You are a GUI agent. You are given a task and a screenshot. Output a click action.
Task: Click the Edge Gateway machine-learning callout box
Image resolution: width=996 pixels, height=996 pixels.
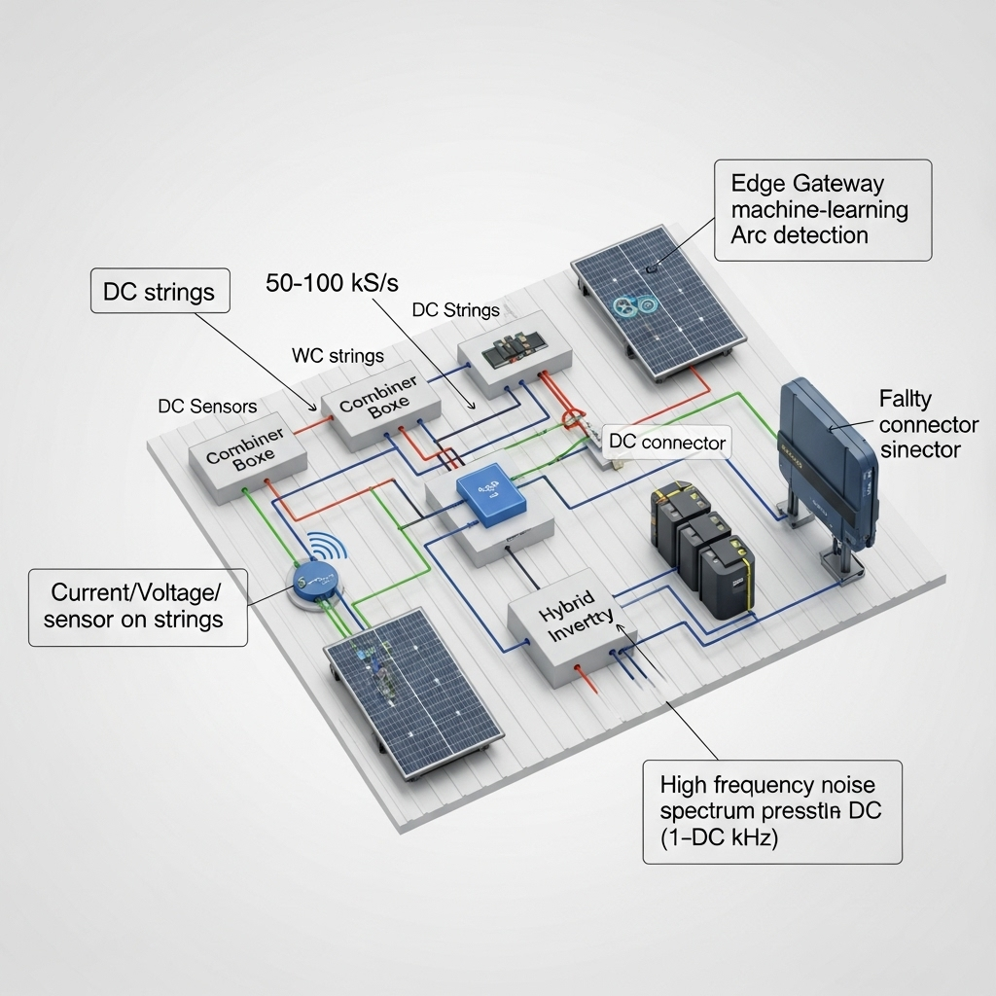[823, 209]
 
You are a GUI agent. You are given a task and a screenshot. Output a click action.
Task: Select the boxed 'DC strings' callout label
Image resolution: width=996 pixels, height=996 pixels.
[160, 291]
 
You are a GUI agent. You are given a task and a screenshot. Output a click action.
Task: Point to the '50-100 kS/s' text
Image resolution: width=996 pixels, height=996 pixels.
[332, 283]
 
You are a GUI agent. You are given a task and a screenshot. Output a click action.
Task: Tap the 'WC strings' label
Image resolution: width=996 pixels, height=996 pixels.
[338, 356]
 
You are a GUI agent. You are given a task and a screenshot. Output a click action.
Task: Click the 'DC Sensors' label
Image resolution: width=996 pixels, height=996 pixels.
[207, 406]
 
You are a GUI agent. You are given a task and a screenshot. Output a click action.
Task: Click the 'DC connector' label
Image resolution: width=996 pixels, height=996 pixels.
[666, 443]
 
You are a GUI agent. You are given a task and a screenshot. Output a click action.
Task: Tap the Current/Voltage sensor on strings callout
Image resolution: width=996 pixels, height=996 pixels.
[137, 605]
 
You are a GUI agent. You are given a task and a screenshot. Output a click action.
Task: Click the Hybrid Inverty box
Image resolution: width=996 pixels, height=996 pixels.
[572, 624]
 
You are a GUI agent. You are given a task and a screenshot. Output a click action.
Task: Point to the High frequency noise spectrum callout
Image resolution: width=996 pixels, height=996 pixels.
[771, 811]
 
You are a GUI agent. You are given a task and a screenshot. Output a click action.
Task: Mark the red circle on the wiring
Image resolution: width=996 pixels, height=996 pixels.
[572, 419]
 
